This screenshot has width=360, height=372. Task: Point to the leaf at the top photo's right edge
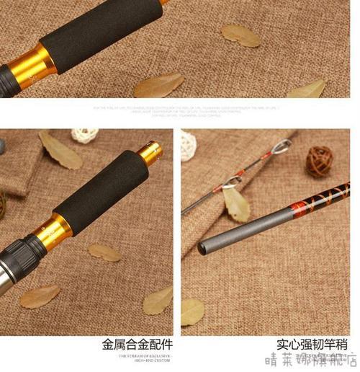[307, 89]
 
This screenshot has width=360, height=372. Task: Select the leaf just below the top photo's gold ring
[158, 85]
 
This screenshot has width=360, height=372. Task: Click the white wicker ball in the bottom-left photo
[85, 136]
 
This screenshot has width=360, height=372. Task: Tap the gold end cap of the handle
[150, 151]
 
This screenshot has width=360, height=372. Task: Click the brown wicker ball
[319, 161]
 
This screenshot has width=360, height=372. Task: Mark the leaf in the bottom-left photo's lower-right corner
[158, 300]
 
